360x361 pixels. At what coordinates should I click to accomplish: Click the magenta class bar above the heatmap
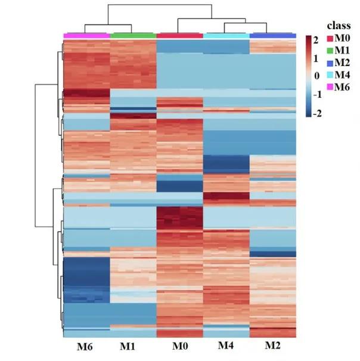(86, 36)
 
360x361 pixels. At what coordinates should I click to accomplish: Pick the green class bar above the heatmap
(133, 36)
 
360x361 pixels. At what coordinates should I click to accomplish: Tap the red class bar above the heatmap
(179, 36)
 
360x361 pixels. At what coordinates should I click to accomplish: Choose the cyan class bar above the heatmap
(226, 36)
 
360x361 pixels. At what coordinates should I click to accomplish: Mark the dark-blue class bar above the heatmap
(272, 36)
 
